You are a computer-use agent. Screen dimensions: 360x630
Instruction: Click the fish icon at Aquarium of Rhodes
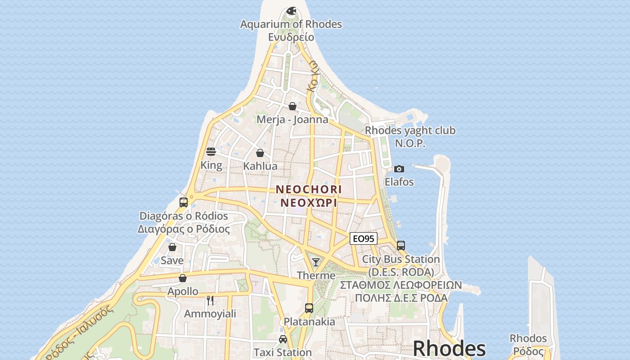click(291, 10)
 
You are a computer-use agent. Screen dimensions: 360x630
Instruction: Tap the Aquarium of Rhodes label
click(291, 24)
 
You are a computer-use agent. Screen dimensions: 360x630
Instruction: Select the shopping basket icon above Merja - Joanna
click(292, 106)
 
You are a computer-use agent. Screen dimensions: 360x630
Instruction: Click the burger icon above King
click(211, 152)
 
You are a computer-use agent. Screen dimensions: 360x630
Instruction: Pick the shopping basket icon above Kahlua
click(260, 153)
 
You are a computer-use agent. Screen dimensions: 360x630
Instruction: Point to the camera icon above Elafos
click(399, 169)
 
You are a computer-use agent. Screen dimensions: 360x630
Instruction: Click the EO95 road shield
click(363, 238)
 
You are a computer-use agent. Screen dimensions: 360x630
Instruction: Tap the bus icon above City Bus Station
click(400, 246)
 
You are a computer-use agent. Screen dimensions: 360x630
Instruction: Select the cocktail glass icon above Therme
click(316, 262)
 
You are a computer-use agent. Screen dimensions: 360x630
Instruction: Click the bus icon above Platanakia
click(309, 308)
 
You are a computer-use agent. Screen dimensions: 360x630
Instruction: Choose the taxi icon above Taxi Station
click(283, 339)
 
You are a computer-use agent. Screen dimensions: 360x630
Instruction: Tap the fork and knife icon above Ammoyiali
click(210, 300)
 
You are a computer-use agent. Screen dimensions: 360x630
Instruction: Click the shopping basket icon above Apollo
click(183, 278)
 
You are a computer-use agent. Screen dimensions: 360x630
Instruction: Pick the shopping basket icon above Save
click(172, 247)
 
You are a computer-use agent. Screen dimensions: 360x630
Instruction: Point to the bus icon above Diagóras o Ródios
click(183, 202)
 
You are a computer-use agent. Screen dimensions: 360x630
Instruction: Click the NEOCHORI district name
click(308, 189)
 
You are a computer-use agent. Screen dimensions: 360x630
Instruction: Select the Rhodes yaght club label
click(410, 130)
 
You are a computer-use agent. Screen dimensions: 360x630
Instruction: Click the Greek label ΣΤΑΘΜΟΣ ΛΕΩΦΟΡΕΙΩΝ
click(400, 285)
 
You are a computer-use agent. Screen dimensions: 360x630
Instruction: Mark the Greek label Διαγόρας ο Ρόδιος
click(184, 229)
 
